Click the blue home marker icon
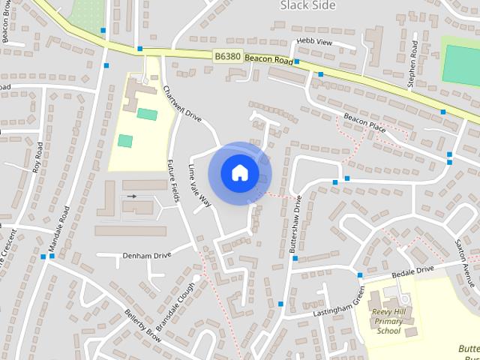point(239,172)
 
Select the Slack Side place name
point(305,5)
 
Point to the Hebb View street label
point(314,42)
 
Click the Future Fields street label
point(175,179)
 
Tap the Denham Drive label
point(147,255)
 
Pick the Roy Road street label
point(36,160)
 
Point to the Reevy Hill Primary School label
point(388,321)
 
